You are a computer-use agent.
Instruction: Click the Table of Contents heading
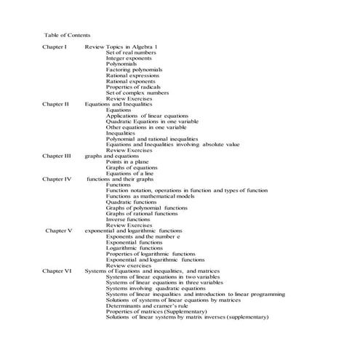point(67,34)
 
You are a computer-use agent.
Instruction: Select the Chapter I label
point(55,47)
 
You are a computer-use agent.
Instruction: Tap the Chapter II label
point(55,104)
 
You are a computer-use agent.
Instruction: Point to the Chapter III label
point(57,156)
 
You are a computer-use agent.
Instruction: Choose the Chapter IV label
point(57,179)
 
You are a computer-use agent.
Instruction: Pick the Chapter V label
point(58,231)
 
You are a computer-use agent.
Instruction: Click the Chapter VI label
point(57,271)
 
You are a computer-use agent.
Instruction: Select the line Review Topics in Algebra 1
point(121,47)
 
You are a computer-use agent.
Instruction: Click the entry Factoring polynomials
point(134,70)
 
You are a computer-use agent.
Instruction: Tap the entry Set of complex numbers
point(137,92)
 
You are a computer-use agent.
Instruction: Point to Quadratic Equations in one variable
point(152,121)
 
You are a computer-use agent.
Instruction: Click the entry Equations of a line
point(130,173)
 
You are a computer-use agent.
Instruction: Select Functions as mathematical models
point(150,196)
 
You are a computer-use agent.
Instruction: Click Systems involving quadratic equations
point(156,288)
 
